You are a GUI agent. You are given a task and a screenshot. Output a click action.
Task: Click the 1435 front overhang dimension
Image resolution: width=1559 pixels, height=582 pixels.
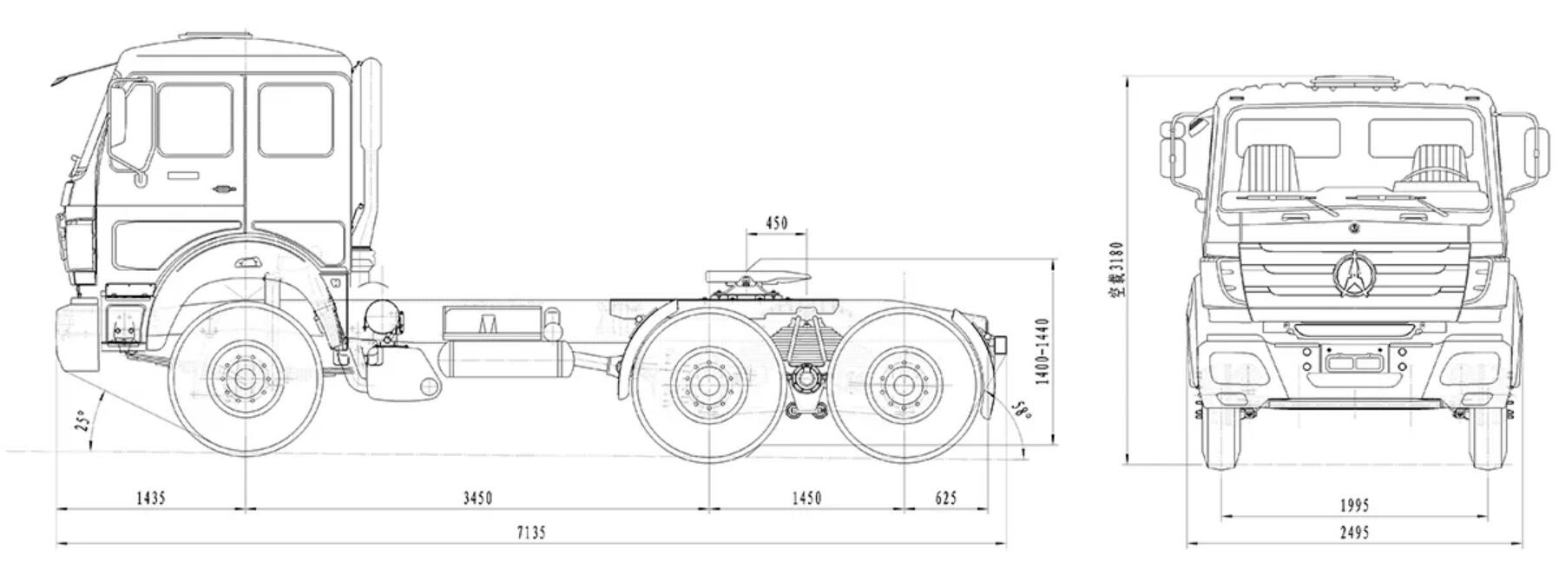coord(150,498)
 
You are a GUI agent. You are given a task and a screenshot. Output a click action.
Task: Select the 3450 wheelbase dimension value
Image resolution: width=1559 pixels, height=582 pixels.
coord(477,498)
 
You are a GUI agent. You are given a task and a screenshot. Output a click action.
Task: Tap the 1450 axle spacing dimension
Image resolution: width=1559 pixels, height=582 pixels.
coord(806,498)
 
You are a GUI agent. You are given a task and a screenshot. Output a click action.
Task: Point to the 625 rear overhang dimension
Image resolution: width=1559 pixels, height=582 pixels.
coord(945,498)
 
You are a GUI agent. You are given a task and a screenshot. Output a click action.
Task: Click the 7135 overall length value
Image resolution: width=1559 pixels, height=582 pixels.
coord(530,532)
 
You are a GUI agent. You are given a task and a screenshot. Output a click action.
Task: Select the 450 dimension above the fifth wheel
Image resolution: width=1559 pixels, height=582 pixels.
coord(776,223)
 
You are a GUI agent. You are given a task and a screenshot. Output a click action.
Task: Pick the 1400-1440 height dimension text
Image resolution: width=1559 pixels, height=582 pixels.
coord(1043,351)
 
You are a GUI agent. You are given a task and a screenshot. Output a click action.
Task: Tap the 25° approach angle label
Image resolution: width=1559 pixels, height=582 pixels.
coord(83,423)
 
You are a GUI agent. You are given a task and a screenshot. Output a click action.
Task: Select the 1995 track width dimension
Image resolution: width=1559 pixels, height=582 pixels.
coord(1353,505)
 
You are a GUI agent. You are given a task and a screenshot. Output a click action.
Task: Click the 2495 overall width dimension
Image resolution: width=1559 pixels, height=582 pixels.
coord(1353,532)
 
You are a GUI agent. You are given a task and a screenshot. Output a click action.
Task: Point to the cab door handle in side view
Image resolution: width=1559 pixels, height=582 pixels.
coord(225,189)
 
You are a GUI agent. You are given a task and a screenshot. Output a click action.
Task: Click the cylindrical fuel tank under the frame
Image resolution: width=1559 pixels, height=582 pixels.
coord(504,359)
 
